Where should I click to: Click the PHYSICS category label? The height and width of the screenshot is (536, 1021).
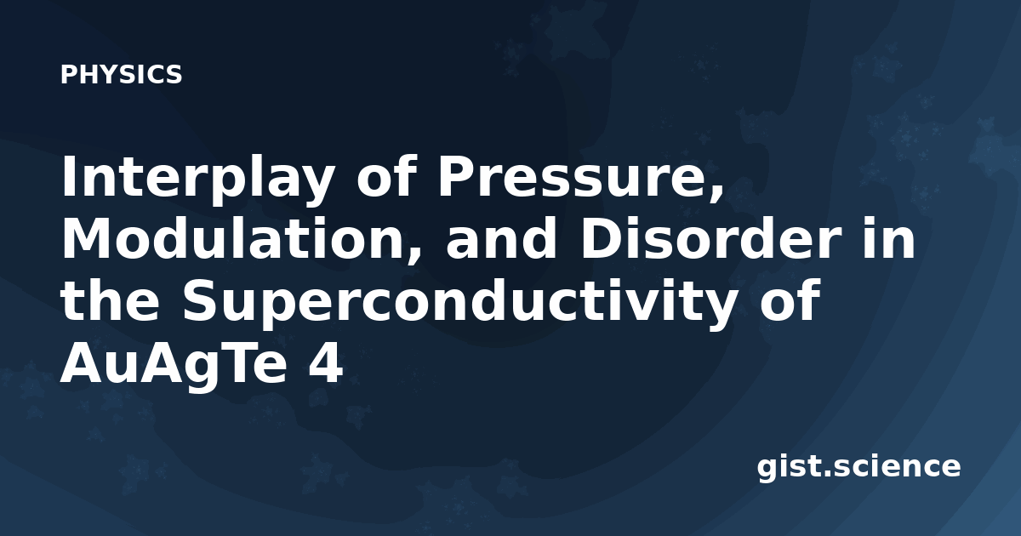[121, 75]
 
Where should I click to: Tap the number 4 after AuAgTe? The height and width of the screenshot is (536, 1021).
[325, 364]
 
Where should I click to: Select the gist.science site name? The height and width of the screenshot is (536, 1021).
[858, 468]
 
